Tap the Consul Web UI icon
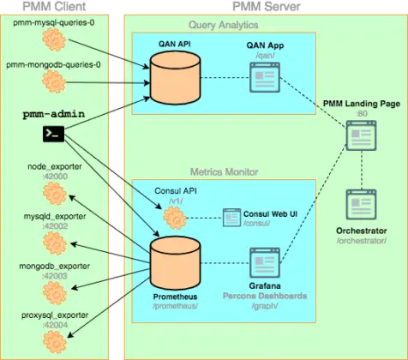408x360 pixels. [231, 217]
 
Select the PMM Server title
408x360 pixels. [263, 6]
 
